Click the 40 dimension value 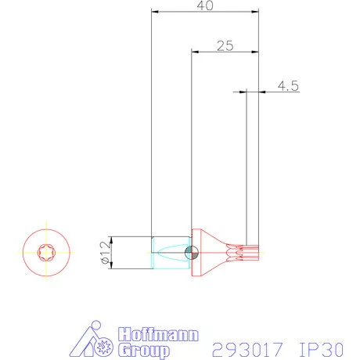click(206, 6)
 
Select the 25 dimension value click(225, 45)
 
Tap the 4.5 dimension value click(288, 86)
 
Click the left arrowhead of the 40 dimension click(155, 13)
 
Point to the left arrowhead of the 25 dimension click(196, 52)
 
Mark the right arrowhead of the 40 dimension click(254, 13)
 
